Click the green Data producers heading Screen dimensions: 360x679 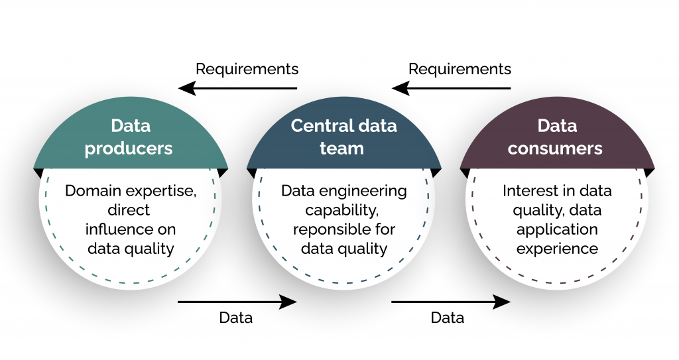[x=130, y=137]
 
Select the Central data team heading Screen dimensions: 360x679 [x=343, y=137]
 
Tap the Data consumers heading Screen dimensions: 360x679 [x=556, y=137]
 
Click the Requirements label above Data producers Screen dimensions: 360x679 [x=247, y=69]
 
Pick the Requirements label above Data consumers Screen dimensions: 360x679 [x=460, y=69]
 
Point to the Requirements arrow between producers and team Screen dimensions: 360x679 [x=238, y=88]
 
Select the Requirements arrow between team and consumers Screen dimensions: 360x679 [x=452, y=88]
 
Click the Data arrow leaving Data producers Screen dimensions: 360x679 [x=237, y=302]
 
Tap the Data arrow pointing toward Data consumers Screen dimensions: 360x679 [x=451, y=302]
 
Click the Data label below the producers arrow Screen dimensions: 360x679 [x=236, y=318]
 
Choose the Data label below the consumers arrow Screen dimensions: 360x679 [x=448, y=318]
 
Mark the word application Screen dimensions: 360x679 [x=557, y=230]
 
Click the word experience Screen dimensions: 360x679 [x=557, y=249]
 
